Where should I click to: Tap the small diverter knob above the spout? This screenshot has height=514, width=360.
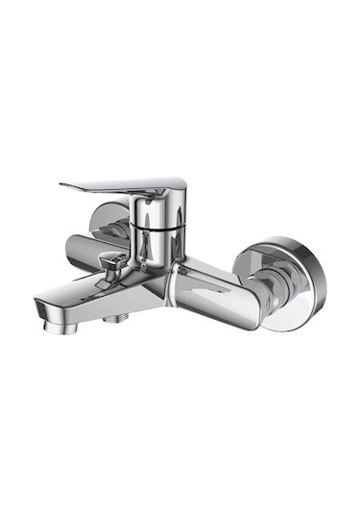click(x=112, y=267)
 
